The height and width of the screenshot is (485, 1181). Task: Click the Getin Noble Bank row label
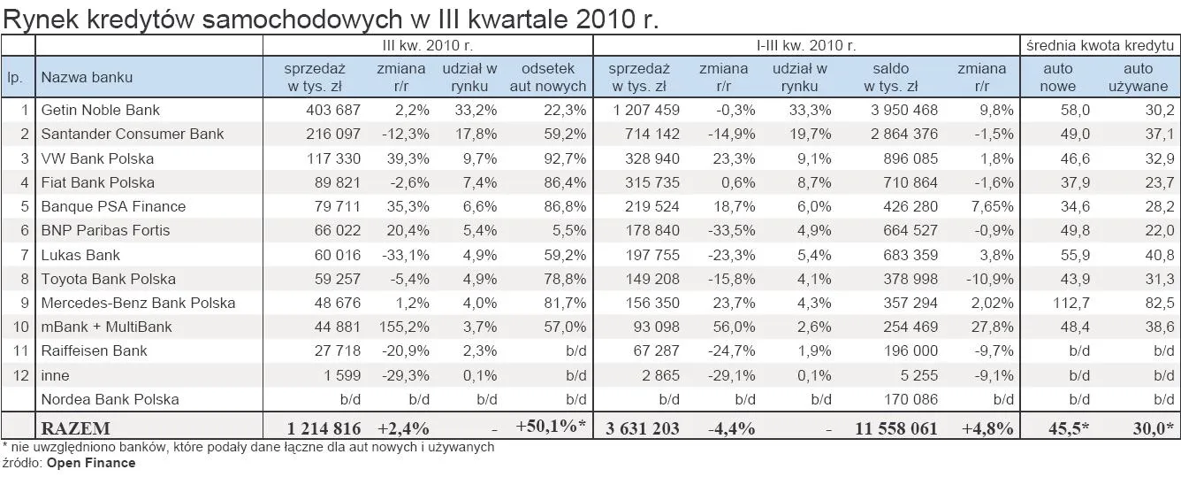pyautogui.click(x=100, y=110)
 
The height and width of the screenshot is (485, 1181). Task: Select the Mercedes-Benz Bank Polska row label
pyautogui.click(x=138, y=303)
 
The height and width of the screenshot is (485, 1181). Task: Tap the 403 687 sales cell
pyautogui.click(x=327, y=110)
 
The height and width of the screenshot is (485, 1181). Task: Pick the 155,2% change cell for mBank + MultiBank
pyautogui.click(x=402, y=327)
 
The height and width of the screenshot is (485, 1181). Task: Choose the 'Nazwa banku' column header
pyautogui.click(x=87, y=77)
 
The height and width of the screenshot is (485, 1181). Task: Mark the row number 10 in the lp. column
pyautogui.click(x=21, y=327)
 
